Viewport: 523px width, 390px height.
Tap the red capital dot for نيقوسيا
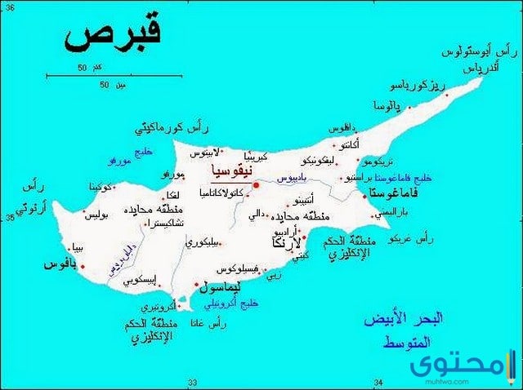256,185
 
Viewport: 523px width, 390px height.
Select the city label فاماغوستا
395,193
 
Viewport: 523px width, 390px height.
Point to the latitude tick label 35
11,217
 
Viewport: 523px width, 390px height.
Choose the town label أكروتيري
158,308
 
